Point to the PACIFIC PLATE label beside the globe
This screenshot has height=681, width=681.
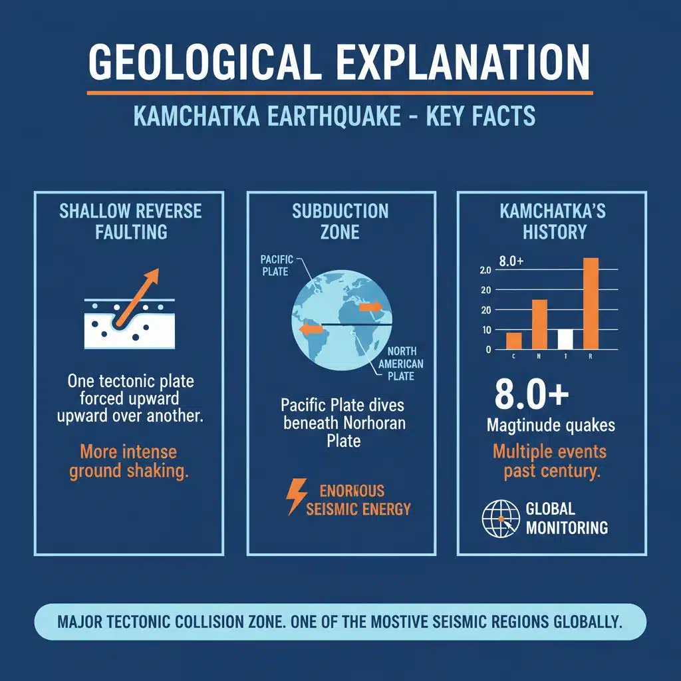274,265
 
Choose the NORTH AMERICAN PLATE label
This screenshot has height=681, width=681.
396,363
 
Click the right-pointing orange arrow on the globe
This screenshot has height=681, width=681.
370,307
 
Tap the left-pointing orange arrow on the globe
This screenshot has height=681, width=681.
310,329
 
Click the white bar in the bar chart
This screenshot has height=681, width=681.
565,339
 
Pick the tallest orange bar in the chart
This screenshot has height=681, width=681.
591,303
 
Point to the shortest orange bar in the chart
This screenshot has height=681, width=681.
513,340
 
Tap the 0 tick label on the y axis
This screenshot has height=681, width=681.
489,349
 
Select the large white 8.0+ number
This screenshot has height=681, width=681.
531,394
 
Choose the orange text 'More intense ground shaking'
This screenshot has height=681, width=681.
128,462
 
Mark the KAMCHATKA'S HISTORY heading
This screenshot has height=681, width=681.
553,221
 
